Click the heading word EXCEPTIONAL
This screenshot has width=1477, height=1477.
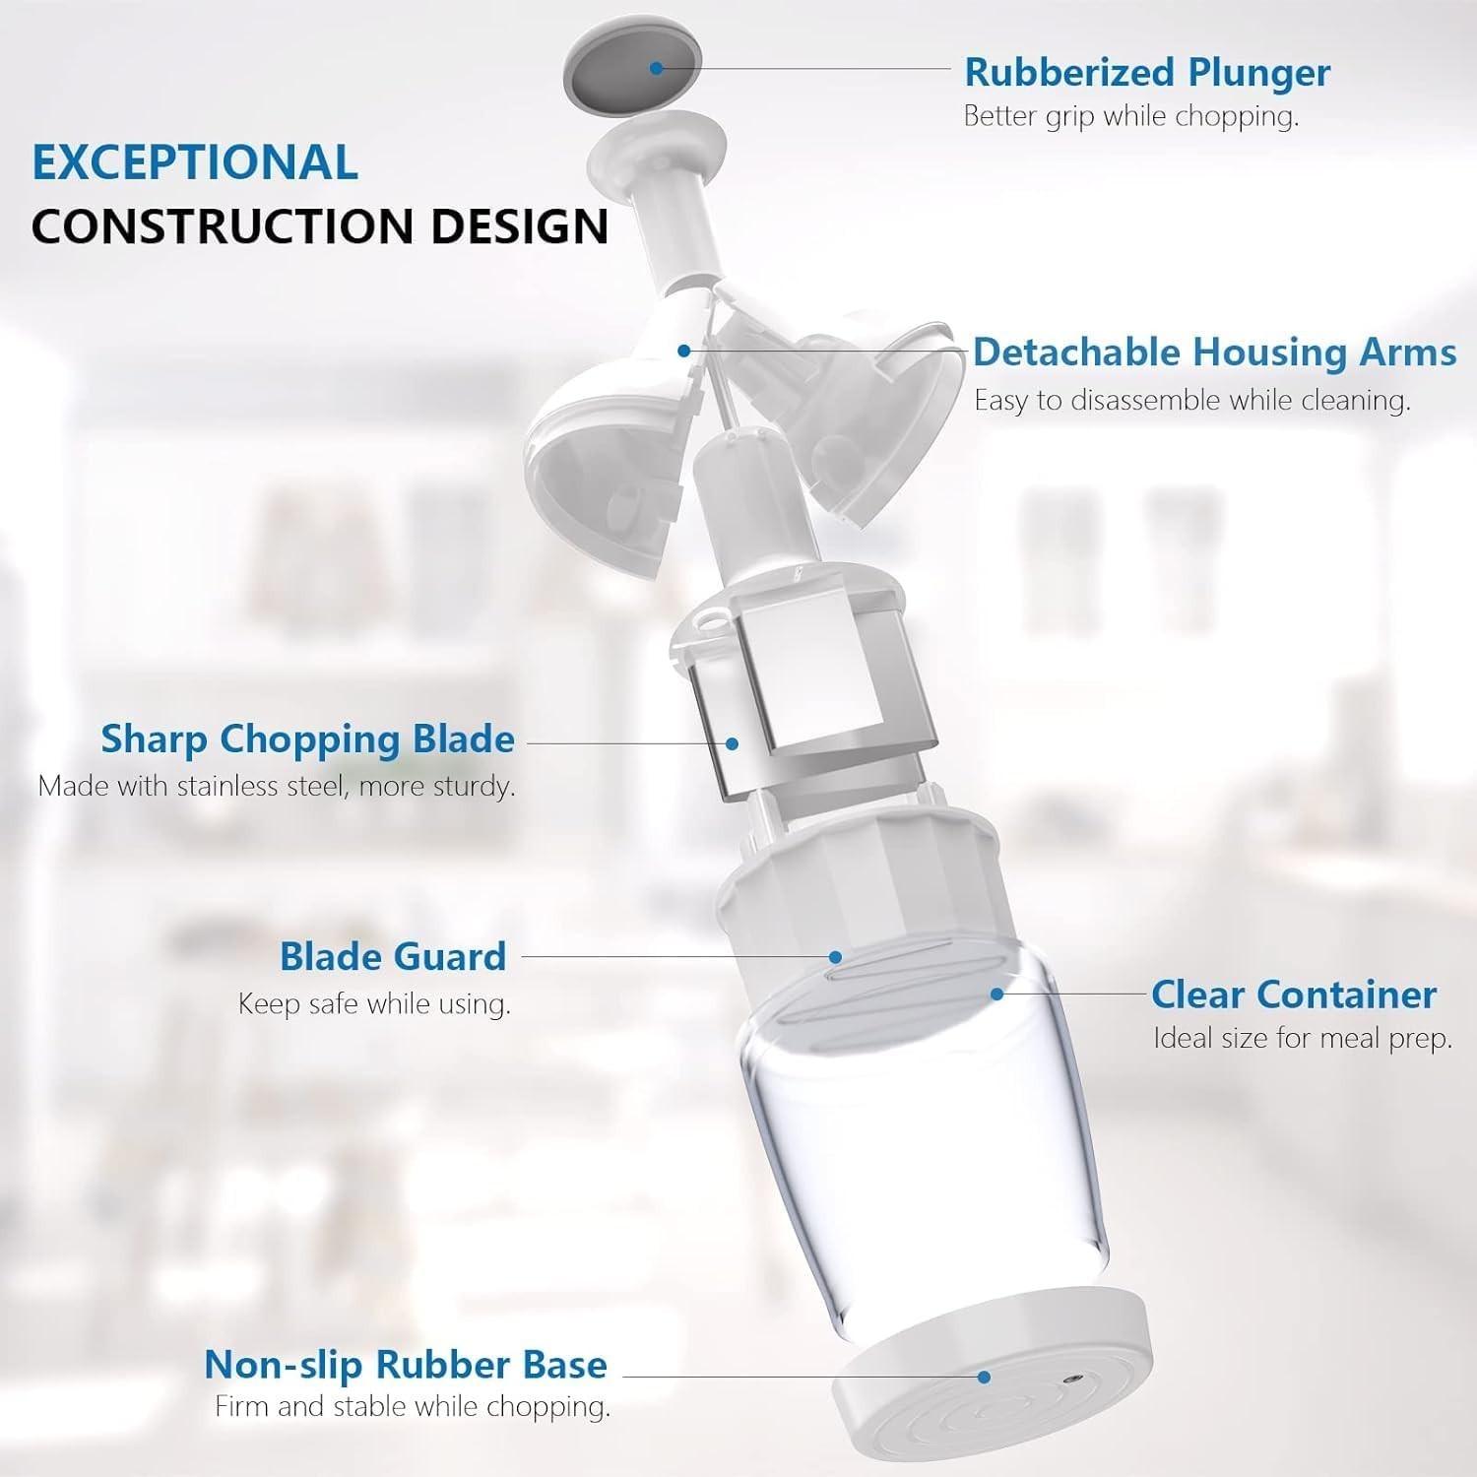point(195,162)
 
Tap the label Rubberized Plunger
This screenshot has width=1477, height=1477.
point(1147,72)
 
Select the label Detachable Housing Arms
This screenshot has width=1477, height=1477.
point(1214,352)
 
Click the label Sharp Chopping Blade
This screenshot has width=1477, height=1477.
point(307,738)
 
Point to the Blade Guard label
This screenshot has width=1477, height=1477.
point(392,956)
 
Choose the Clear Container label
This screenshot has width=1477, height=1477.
point(1293,995)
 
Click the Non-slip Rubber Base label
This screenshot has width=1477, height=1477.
point(405,1365)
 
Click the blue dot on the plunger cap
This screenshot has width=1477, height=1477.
point(656,68)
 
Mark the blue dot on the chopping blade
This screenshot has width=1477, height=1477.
point(732,743)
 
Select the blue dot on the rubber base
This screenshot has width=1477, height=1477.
point(984,1378)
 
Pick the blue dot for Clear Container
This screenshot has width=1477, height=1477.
point(996,994)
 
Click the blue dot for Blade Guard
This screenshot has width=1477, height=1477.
point(835,956)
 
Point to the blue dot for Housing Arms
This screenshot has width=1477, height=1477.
point(684,351)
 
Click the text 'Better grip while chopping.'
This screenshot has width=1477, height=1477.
point(1130,116)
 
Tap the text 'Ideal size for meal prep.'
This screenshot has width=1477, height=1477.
point(1302,1039)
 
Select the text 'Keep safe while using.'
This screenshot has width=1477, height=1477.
point(374,1004)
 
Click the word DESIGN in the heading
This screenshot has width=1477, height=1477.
point(519,225)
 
